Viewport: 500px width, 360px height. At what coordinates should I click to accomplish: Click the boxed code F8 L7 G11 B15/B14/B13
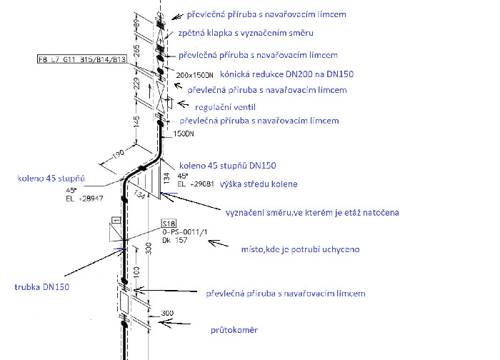coord(82,59)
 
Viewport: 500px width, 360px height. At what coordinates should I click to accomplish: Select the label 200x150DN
coord(194,75)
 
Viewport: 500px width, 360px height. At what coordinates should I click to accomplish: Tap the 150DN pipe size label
coord(184,134)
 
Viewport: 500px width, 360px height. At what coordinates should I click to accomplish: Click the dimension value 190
coord(118,155)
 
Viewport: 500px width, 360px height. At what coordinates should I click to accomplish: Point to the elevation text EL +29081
coord(196,184)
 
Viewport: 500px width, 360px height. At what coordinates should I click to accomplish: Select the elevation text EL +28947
coord(84,199)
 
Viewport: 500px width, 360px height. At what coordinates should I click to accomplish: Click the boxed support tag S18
coord(169,224)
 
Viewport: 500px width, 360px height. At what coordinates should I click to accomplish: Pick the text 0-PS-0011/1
coord(184,232)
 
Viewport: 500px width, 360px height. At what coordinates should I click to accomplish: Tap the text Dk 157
coord(175,240)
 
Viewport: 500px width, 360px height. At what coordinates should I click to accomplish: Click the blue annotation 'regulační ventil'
coord(225,107)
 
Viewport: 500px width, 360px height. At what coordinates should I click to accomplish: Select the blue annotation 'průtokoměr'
coord(234,330)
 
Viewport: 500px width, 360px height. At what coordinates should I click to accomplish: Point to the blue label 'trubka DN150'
coord(41,287)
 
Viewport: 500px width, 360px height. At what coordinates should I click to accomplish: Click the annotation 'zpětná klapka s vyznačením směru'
coord(246,33)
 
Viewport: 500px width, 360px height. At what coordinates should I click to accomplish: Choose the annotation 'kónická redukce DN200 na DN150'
coord(286,74)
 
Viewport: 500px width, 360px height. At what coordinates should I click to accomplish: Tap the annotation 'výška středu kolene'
coord(259,184)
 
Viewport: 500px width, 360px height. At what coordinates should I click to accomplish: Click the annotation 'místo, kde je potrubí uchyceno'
coord(301,249)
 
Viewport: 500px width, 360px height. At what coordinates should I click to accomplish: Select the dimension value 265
coord(136,51)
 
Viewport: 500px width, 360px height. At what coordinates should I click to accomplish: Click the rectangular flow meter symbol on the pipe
coord(124,302)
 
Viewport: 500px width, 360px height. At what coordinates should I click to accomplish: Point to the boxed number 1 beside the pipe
coord(116,220)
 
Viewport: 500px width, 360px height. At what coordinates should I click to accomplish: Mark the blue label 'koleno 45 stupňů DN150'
coord(228,166)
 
